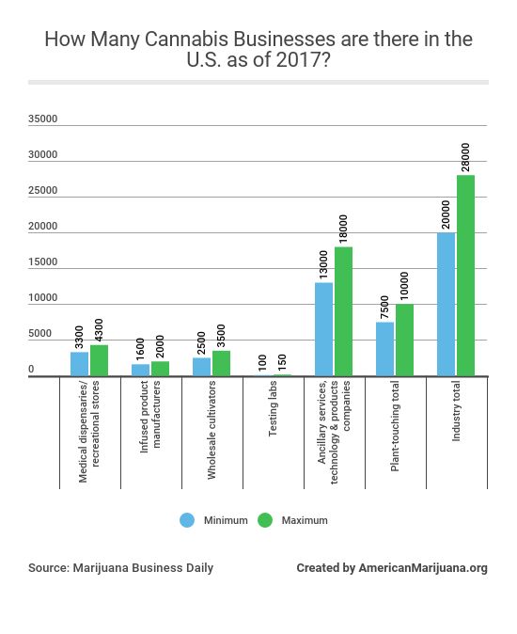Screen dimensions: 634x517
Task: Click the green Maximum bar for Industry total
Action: coord(466,276)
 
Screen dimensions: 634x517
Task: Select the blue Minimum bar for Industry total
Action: coord(446,304)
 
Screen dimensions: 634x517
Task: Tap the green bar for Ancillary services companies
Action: coord(344,311)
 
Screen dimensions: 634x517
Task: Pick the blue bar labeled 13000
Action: coord(323,329)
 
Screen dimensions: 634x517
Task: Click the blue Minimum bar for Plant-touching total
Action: coord(384,349)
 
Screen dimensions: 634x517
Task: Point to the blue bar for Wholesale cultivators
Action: coord(201,367)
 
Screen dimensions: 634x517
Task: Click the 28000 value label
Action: coord(465,156)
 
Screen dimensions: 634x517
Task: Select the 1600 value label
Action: coord(141,348)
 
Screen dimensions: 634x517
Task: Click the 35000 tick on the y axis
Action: coord(43,119)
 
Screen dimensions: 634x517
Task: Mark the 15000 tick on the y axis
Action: coord(43,263)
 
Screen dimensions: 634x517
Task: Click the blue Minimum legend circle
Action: coord(187,519)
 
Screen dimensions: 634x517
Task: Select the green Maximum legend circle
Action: coord(264,519)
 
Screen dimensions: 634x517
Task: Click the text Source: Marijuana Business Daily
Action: coord(120,568)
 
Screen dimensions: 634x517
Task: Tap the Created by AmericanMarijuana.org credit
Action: coord(391,568)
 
